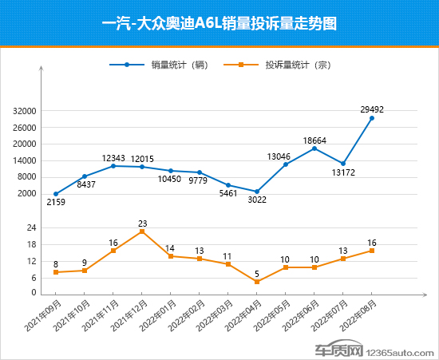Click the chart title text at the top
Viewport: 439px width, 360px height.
[219, 23]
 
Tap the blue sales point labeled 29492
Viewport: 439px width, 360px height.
[371, 118]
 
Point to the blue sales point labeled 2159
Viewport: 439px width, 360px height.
[56, 194]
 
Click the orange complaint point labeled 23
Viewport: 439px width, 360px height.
[142, 231]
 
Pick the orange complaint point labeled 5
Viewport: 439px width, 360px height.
[257, 282]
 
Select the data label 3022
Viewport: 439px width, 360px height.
[256, 200]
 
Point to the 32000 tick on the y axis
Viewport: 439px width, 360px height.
[26, 112]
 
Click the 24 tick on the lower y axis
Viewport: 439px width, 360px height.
[32, 228]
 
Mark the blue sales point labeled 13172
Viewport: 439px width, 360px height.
[343, 164]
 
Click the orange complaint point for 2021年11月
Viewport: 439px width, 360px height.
[113, 251]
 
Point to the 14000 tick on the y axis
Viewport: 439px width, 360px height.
[26, 161]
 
